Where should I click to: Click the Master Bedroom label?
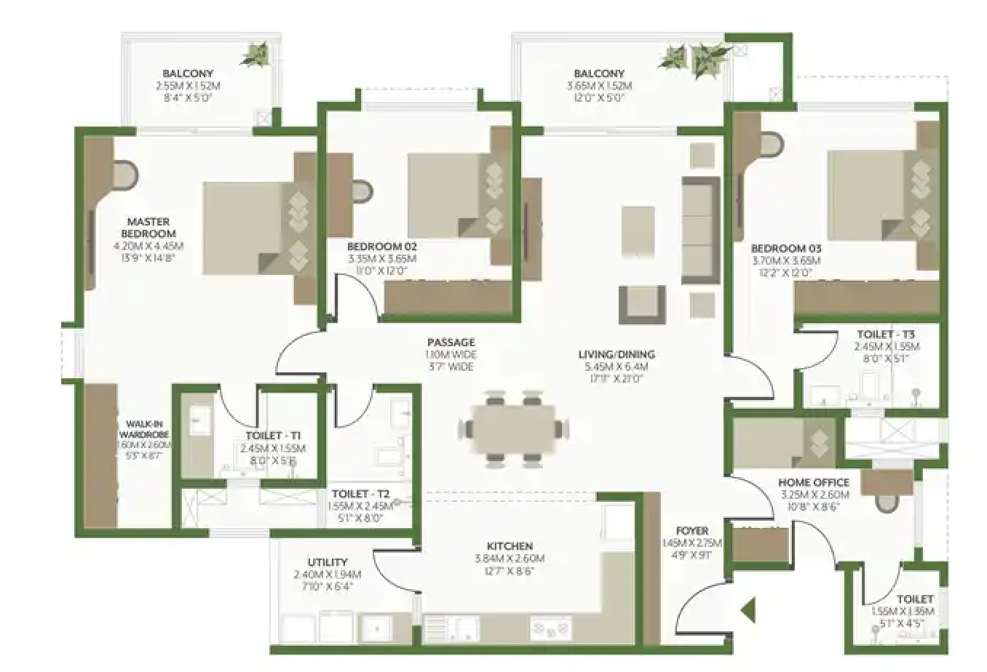tap(148, 228)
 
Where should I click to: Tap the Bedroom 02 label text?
tap(381, 247)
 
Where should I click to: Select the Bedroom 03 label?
tap(786, 249)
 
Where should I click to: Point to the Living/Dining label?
tap(617, 354)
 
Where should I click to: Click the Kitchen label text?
tap(510, 546)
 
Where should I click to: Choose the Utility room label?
tap(327, 562)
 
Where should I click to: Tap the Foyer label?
tap(691, 531)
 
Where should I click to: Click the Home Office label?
tap(813, 482)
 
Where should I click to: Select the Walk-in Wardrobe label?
tap(148, 429)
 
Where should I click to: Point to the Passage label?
tap(451, 342)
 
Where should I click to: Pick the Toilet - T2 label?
tap(360, 494)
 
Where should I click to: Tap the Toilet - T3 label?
tap(886, 335)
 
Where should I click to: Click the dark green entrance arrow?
tap(748, 609)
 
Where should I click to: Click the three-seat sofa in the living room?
tap(700, 231)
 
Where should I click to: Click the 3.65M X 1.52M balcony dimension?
tap(599, 86)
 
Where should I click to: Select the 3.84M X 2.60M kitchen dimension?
tap(510, 559)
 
